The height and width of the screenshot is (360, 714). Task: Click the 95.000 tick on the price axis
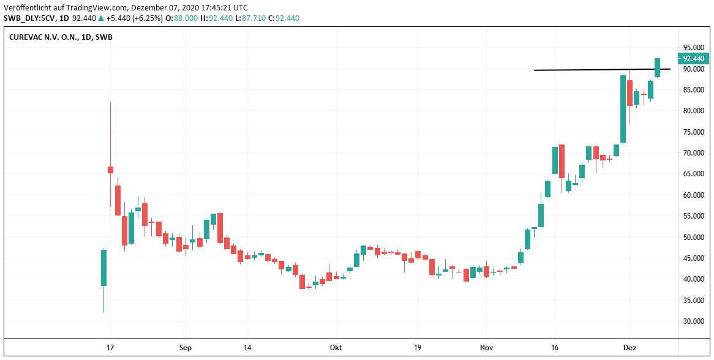(x=694, y=48)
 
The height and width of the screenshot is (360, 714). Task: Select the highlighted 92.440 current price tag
(x=694, y=59)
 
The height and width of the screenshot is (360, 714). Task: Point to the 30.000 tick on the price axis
(x=694, y=321)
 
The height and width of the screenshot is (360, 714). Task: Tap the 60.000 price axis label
(x=694, y=195)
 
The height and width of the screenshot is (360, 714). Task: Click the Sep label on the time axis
(x=186, y=348)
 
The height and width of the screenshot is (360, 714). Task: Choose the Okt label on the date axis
(x=336, y=348)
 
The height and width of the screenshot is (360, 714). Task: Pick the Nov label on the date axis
(x=487, y=348)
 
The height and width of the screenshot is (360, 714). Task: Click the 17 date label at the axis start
(x=110, y=348)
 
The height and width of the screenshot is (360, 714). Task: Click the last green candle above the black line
(x=657, y=67)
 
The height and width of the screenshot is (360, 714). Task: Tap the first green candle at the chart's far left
(x=104, y=268)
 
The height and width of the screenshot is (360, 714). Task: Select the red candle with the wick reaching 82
(x=111, y=170)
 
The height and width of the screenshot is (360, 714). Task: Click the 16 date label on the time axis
(x=555, y=348)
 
